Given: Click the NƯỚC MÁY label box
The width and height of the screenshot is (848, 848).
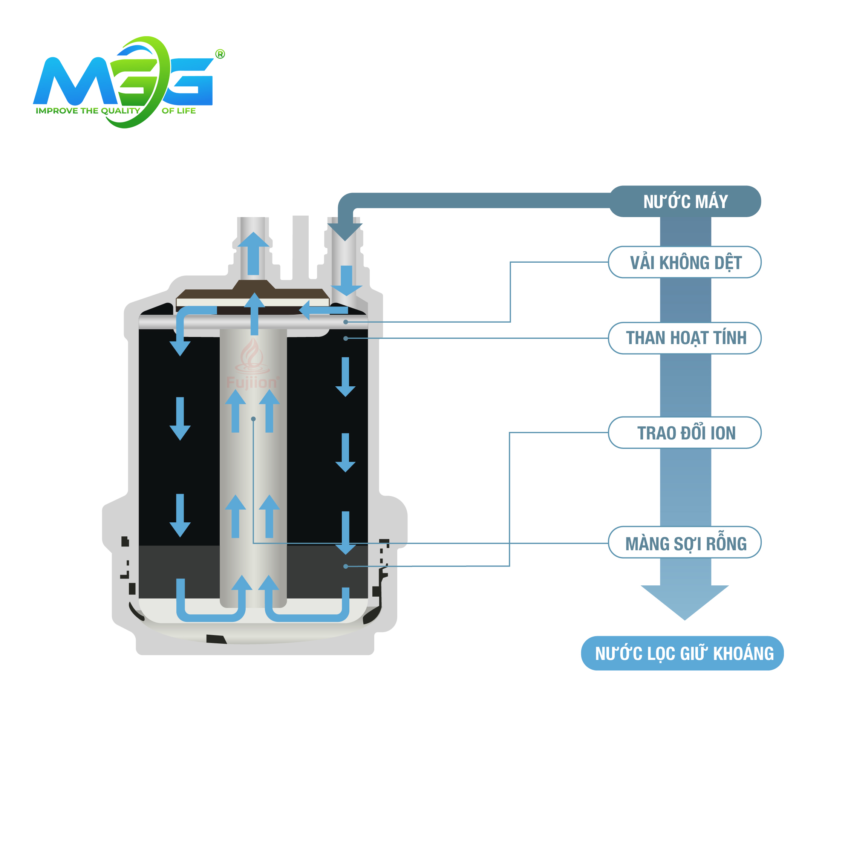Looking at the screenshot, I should point(685,202).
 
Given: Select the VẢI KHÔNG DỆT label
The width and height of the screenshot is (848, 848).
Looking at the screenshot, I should point(685,262).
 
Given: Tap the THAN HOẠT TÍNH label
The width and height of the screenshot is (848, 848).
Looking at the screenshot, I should point(685,338).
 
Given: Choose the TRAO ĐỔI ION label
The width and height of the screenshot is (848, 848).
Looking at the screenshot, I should point(685,433).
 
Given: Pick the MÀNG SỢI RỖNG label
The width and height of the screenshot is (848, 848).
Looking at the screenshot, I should point(685,543).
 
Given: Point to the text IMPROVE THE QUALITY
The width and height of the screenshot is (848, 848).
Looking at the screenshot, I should point(88,110).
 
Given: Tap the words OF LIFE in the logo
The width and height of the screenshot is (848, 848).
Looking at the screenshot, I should point(179,110).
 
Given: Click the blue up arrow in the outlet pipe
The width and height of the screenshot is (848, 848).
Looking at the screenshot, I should point(253,253).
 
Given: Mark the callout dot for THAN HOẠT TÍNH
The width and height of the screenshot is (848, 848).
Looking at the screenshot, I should point(346,338).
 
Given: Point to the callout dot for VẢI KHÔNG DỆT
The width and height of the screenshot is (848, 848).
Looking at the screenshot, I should point(346,322).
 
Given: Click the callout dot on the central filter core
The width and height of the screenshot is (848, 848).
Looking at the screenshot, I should point(253,419).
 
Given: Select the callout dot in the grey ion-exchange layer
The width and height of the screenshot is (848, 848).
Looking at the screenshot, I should point(346,566).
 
